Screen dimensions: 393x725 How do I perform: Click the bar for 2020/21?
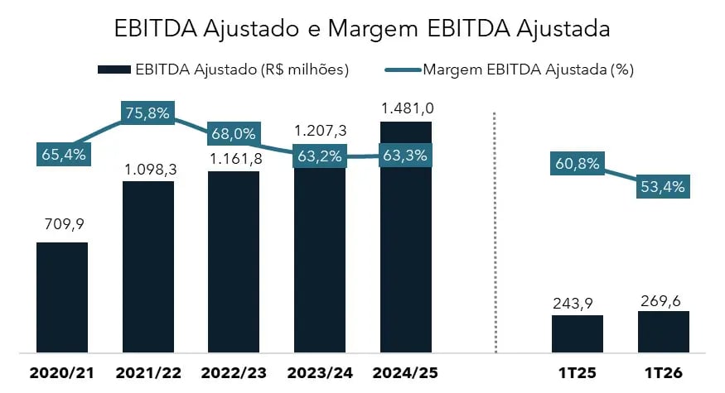pos(62,298)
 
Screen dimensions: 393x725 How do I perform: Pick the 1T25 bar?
pos(578,334)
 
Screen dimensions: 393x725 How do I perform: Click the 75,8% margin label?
pos(147,114)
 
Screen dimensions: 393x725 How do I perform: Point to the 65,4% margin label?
pos(63,154)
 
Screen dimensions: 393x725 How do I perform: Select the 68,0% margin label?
pos(233,134)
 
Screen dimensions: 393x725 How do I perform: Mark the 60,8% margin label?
pos(577,163)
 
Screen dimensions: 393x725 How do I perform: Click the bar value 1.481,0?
pos(406,108)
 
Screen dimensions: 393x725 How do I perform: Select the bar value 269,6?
pos(663,299)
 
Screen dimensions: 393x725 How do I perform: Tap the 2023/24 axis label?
pos(319,374)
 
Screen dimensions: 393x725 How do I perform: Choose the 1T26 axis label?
pos(663,374)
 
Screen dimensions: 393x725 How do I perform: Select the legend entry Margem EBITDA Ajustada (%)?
pos(510,69)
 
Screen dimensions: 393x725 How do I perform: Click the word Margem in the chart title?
pos(371,29)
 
